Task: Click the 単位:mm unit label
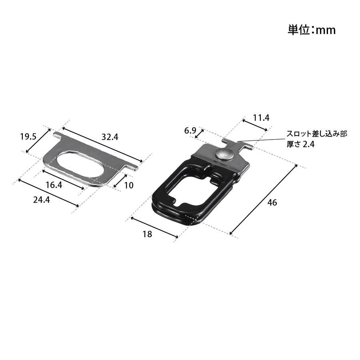tap(311, 30)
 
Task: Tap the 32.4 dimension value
tap(110, 137)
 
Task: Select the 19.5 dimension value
tap(28, 137)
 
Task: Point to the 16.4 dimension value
tap(54, 185)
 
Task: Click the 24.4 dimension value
tap(41, 200)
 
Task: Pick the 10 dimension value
tap(129, 185)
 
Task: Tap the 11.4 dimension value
tap(261, 118)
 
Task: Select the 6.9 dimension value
tap(190, 131)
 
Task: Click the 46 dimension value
tap(272, 202)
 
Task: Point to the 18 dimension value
tap(147, 234)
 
